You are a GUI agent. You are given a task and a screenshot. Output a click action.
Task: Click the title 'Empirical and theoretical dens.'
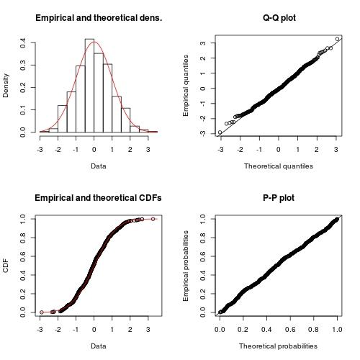[99, 18]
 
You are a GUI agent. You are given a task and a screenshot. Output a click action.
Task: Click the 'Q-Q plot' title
[279, 18]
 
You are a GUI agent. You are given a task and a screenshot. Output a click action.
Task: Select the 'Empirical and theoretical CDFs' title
[99, 198]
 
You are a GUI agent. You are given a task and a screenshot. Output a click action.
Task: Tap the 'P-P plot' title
[279, 198]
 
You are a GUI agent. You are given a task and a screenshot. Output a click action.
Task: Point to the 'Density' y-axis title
[7, 84]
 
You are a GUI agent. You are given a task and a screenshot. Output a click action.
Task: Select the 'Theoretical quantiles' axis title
[279, 166]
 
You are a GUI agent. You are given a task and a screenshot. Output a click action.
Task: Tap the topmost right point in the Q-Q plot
[337, 39]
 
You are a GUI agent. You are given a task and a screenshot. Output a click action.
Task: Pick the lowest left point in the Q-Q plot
[220, 132]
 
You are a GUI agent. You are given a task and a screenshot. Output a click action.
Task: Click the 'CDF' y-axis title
[7, 264]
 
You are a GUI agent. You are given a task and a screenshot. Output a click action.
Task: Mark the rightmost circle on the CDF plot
[153, 219]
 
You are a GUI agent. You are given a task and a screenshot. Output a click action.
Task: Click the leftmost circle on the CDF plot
[42, 312]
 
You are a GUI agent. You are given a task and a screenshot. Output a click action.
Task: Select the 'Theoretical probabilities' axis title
[279, 346]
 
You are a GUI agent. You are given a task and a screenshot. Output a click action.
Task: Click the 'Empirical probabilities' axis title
[186, 264]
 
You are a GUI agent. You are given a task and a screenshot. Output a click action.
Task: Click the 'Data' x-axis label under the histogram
[99, 166]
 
